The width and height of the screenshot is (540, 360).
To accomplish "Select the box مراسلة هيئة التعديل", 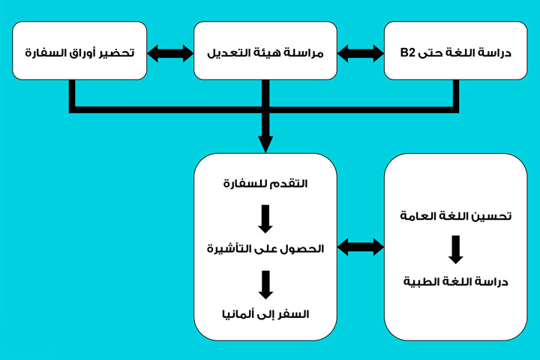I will [264, 50].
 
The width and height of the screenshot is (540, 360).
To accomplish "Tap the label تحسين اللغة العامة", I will [455, 217].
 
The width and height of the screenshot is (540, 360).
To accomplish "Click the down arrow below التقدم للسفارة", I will [265, 216].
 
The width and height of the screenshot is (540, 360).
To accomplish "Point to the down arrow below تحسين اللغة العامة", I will [455, 249].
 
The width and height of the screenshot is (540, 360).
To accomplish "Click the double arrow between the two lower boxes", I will [360, 246].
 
